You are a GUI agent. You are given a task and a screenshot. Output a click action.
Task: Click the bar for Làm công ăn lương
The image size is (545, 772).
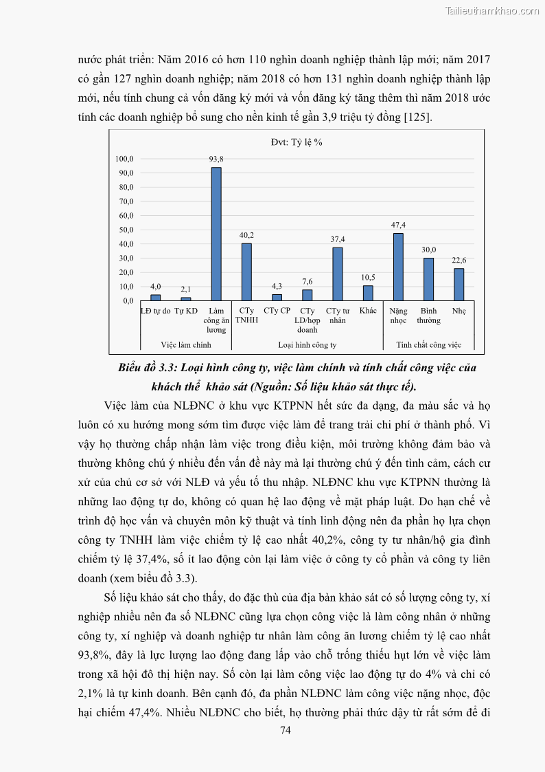pyautogui.click(x=216, y=234)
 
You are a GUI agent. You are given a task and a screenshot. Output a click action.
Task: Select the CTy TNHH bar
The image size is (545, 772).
pyautogui.click(x=246, y=272)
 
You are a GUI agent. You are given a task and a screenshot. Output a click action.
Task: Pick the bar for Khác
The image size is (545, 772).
pyautogui.click(x=368, y=293)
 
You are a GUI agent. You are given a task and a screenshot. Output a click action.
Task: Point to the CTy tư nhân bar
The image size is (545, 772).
pyautogui.click(x=338, y=274)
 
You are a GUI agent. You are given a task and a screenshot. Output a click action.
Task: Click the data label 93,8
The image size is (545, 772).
pyautogui.click(x=216, y=159)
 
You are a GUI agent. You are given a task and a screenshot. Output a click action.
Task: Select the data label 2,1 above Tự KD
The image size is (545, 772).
pyautogui.click(x=186, y=289)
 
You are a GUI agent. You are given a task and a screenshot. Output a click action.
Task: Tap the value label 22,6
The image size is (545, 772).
pyautogui.click(x=459, y=260)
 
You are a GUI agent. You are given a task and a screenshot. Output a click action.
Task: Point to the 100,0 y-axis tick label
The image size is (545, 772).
pyautogui.click(x=124, y=159)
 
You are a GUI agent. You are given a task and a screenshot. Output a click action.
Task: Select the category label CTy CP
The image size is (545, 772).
pyautogui.click(x=277, y=311)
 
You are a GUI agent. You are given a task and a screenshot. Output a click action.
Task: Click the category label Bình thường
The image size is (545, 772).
pyautogui.click(x=429, y=316)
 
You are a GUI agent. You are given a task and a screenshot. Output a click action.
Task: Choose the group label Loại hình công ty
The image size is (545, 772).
pyautogui.click(x=307, y=344)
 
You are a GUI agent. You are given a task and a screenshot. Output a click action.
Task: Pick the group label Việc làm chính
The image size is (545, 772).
pyautogui.click(x=186, y=344)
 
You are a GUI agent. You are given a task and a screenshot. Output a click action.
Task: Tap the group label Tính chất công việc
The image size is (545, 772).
pyautogui.click(x=429, y=344)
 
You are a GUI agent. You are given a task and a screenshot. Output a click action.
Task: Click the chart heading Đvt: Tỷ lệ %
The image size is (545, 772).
pyautogui.click(x=297, y=142)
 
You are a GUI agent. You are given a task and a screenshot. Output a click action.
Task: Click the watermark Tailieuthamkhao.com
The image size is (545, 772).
pyautogui.click(x=492, y=10)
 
